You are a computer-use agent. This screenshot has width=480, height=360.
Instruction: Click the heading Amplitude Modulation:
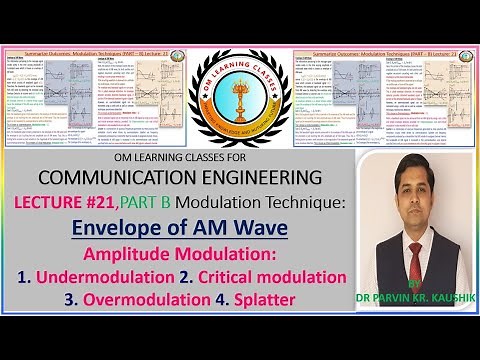coord(185,254)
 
